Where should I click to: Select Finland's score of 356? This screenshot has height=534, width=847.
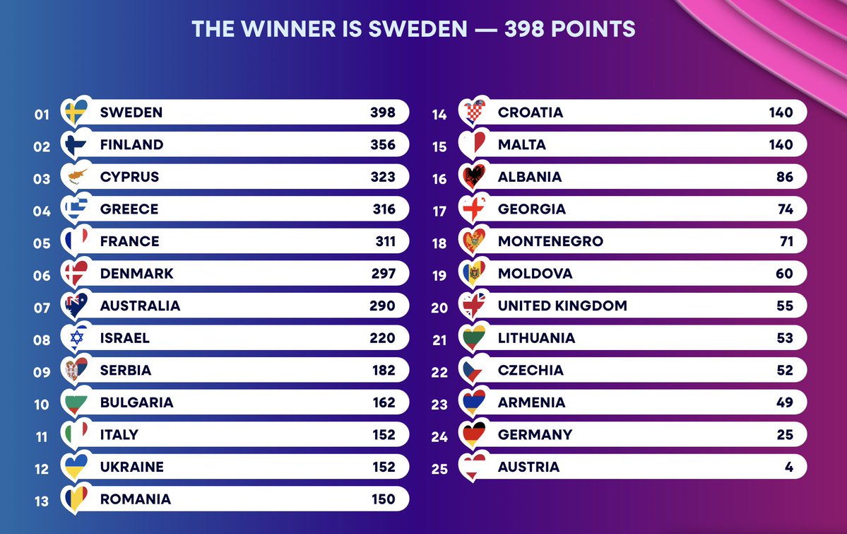[382, 145]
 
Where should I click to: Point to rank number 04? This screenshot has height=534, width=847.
[42, 211]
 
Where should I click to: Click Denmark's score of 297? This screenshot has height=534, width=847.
[382, 274]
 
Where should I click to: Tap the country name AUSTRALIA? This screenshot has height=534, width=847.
[140, 306]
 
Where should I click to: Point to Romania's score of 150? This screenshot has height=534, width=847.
[382, 499]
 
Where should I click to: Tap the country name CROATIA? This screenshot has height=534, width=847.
[531, 112]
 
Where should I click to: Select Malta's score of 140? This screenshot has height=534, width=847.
[781, 145]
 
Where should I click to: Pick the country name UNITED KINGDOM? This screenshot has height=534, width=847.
[562, 306]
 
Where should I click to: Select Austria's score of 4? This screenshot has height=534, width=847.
[788, 467]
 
